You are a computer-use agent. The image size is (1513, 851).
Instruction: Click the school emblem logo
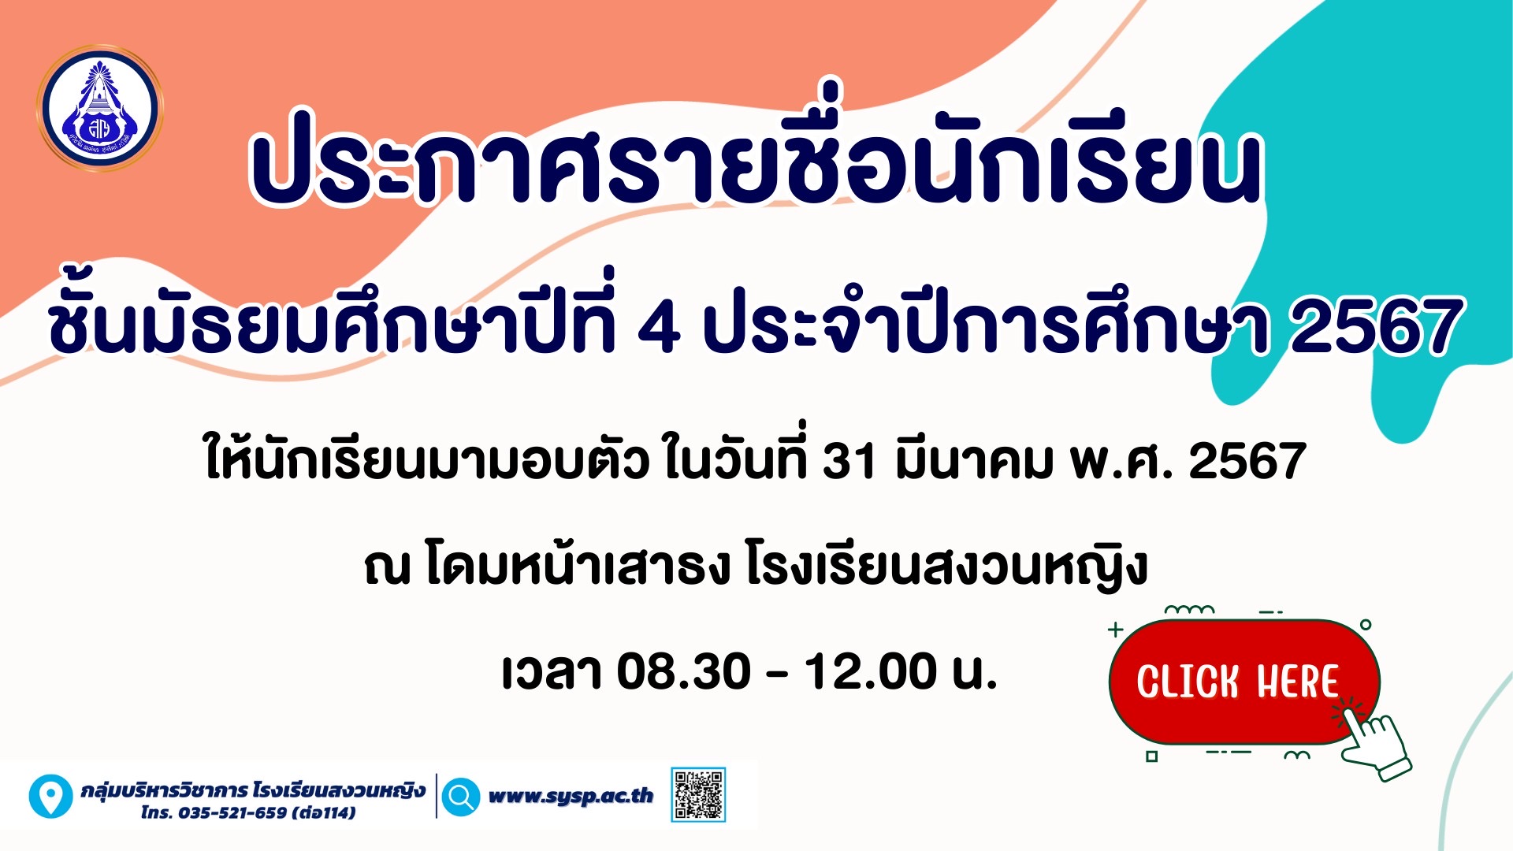pos(99,108)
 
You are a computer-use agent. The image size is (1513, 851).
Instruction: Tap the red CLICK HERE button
pos(1243,682)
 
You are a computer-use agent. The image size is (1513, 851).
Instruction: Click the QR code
pos(698,795)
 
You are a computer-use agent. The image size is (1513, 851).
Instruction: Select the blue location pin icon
pos(50,796)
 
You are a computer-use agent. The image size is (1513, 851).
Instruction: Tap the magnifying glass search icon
pos(460,796)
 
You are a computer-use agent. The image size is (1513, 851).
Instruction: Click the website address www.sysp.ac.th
pos(571,796)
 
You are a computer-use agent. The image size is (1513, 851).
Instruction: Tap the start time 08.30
pos(683,671)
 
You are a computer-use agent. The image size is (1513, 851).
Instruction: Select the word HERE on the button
pos(1297,682)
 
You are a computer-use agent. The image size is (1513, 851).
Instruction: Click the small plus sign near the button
pos(1115,630)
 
